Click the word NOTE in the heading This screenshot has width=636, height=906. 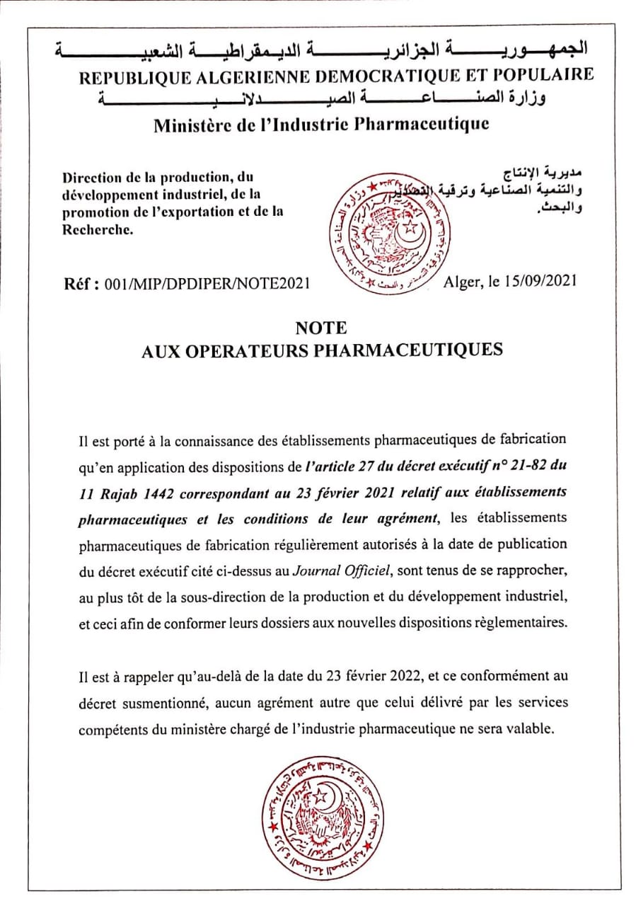321,328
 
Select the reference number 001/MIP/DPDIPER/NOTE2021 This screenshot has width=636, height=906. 207,284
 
